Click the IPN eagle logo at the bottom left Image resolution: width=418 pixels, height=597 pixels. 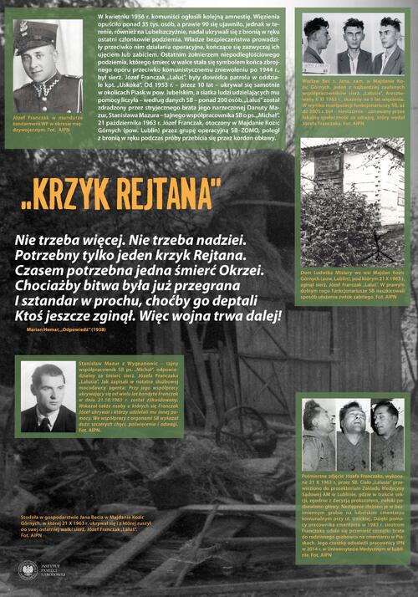(28, 570)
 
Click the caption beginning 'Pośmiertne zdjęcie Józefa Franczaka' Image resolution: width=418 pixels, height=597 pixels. (353, 518)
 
